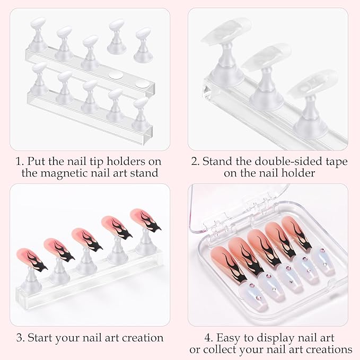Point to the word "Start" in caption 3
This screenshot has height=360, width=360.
44,337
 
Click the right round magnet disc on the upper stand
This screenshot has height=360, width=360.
140,83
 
